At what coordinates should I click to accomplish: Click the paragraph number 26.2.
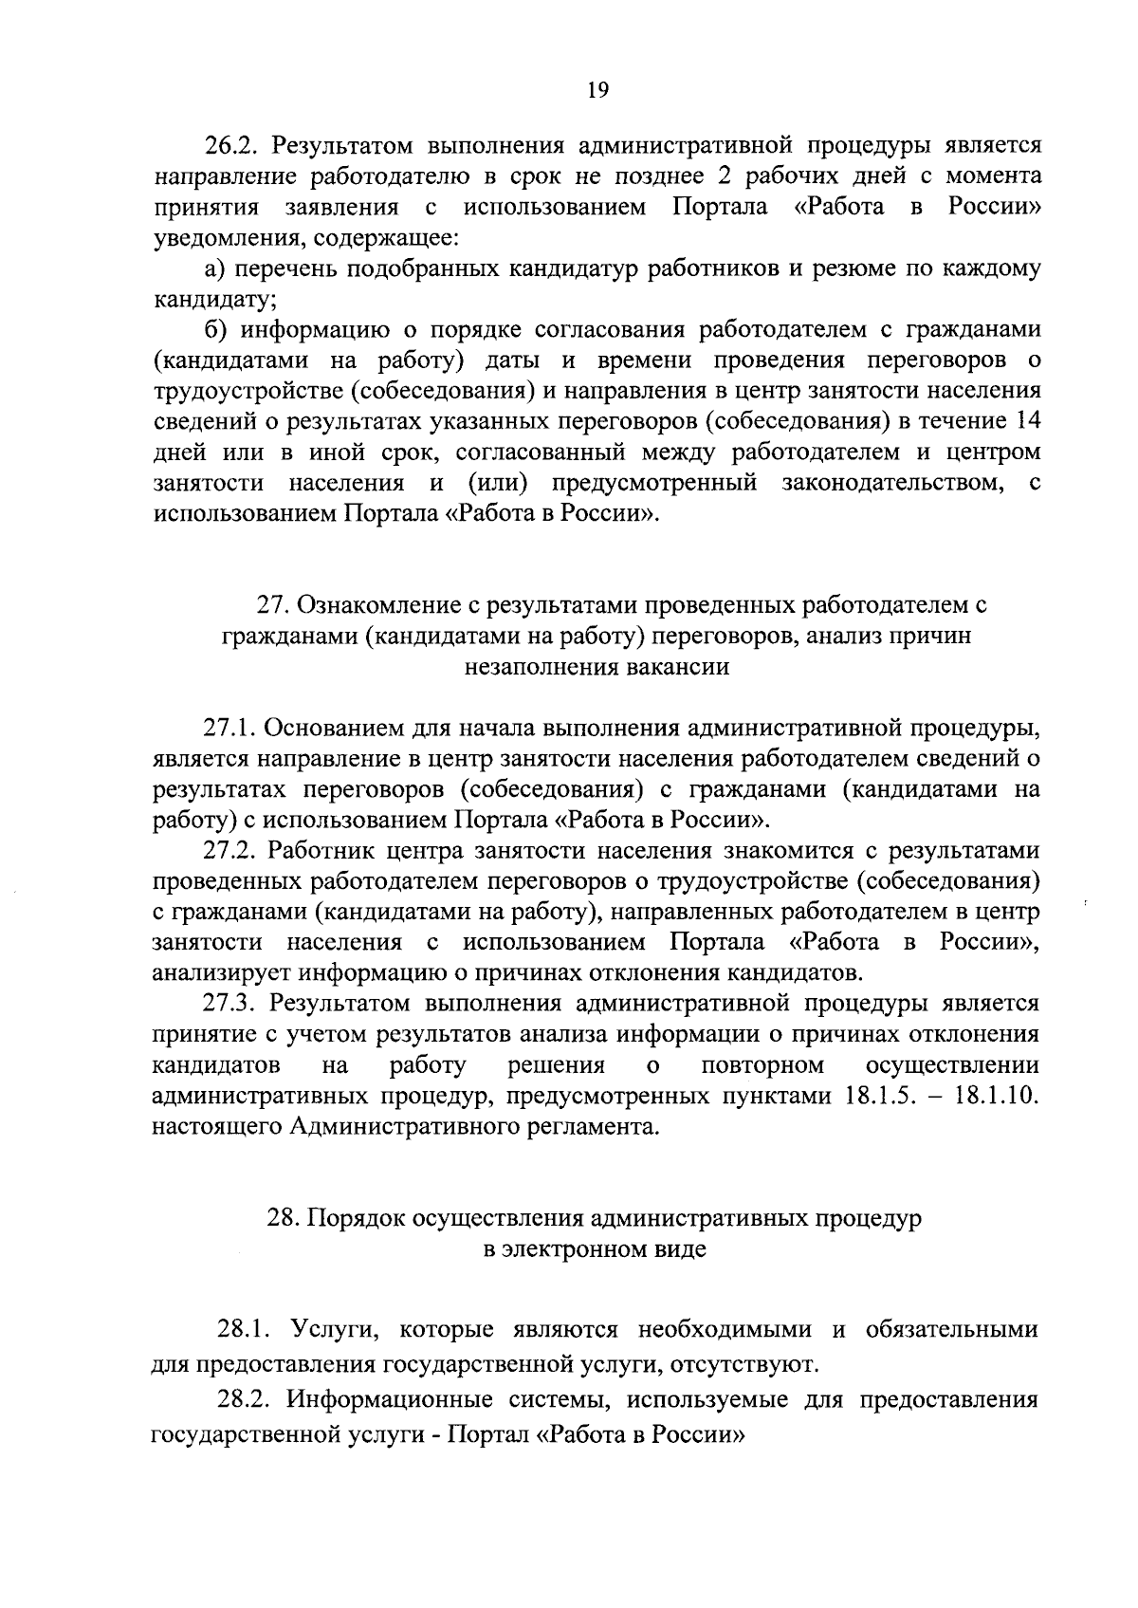[x=232, y=146]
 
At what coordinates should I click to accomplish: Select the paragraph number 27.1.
[x=230, y=729]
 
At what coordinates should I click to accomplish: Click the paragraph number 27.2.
[x=230, y=851]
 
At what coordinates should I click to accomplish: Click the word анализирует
[x=223, y=973]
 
